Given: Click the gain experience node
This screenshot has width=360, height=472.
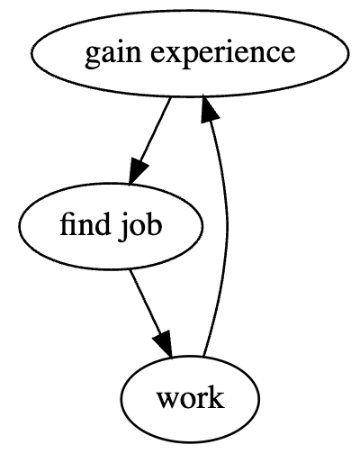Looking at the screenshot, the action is [190, 53].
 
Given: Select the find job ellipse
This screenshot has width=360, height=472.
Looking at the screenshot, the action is [111, 226].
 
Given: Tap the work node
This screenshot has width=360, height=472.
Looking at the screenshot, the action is [190, 399].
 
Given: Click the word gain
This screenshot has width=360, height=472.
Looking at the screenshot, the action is [112, 55].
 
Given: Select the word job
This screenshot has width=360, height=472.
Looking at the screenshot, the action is [139, 227].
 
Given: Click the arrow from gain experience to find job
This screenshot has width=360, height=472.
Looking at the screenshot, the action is [149, 141].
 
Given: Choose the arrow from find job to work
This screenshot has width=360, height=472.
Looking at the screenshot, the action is [151, 313].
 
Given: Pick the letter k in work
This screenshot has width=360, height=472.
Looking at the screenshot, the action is [217, 397].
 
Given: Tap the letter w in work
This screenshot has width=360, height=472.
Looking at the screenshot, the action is [167, 401].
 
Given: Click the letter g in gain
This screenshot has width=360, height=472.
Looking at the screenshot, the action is [93, 59].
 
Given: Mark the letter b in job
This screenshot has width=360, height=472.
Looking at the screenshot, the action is [154, 224].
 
